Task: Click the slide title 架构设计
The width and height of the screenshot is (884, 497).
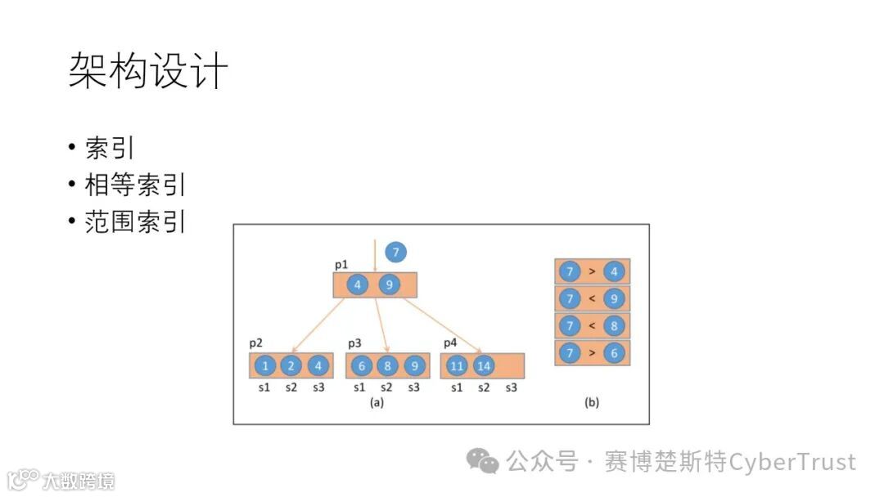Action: (x=148, y=71)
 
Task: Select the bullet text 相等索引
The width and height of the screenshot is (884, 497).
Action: (x=135, y=185)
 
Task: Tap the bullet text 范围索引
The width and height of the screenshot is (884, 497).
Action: (x=135, y=222)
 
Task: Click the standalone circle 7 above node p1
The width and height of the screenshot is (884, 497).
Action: (x=395, y=253)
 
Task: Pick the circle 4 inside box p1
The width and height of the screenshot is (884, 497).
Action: (x=358, y=285)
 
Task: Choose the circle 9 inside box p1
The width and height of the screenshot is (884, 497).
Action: (x=389, y=285)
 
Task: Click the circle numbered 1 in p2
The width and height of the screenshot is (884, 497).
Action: (x=264, y=366)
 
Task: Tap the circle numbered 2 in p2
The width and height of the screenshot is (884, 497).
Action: (x=291, y=366)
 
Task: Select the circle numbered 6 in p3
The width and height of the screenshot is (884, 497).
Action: (x=360, y=366)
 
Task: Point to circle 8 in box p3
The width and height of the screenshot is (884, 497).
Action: (x=387, y=366)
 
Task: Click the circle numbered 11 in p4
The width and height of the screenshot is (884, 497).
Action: (x=457, y=366)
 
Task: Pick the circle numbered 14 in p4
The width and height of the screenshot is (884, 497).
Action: (x=484, y=366)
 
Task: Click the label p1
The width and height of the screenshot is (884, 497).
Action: (x=341, y=266)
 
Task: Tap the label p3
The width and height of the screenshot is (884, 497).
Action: (x=355, y=344)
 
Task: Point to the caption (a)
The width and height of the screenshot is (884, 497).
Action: (x=377, y=402)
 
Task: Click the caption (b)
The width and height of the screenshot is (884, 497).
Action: (x=591, y=402)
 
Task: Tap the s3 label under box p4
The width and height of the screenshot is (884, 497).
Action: (x=511, y=387)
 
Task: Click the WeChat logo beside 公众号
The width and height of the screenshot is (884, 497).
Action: (x=482, y=462)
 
